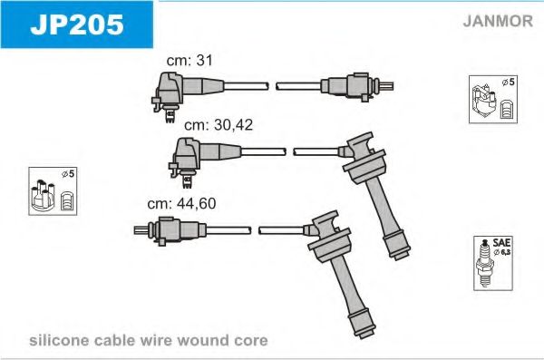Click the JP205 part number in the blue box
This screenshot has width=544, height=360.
77,24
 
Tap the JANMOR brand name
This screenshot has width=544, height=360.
498,21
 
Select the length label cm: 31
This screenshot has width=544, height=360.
189,61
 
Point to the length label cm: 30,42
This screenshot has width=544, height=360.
219,125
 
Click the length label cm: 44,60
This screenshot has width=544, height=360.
181,203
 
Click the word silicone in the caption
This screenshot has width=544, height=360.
59,340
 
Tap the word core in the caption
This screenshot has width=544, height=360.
251,341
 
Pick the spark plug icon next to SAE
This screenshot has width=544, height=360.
483,264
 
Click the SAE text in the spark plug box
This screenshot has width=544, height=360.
501,243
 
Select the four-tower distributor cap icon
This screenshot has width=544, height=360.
43,195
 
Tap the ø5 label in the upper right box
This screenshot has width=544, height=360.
509,83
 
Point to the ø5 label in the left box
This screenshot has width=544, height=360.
68,173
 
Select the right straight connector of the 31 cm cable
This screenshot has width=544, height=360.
357,86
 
